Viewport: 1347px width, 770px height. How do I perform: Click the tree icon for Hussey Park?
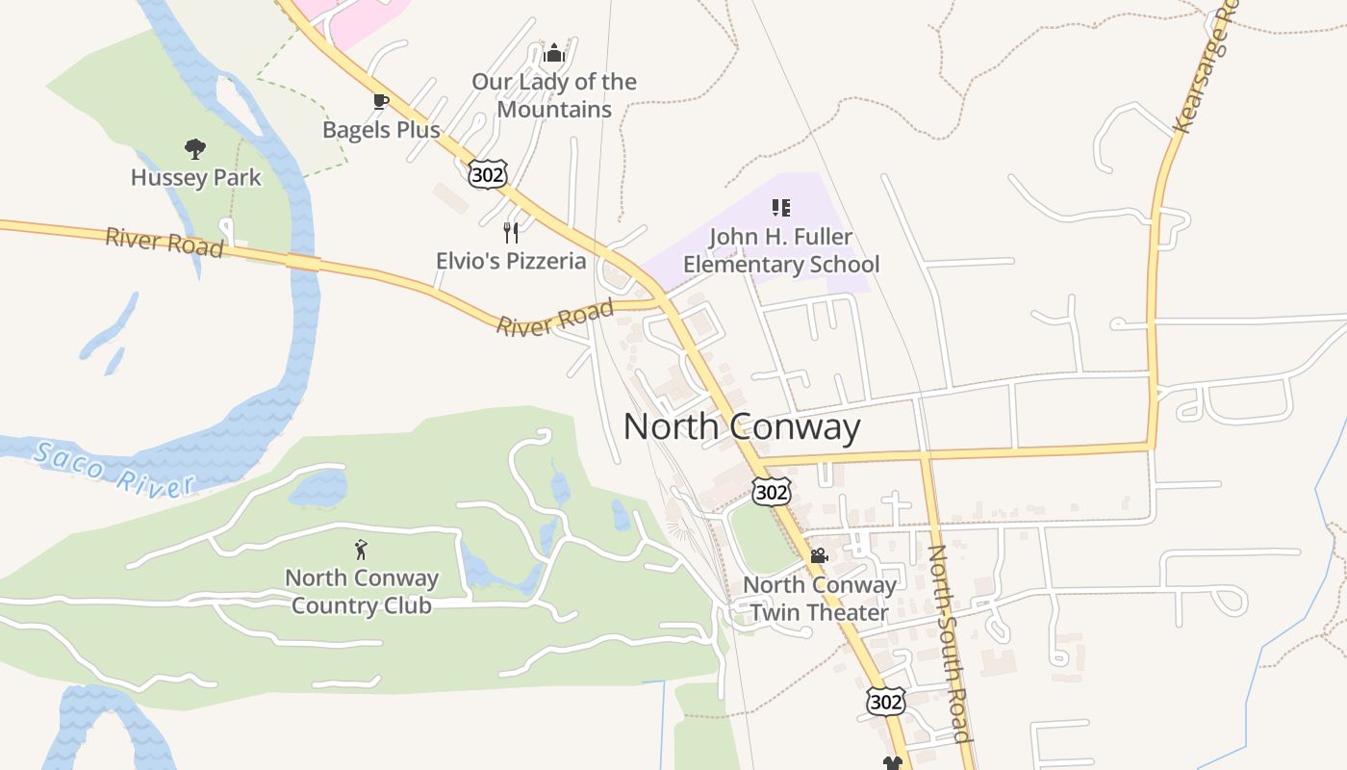pos(195,149)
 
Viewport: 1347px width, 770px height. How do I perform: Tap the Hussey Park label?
pos(195,177)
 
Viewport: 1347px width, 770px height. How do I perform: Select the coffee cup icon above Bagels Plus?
pos(381,101)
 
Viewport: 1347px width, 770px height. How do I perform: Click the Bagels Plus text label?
pos(381,129)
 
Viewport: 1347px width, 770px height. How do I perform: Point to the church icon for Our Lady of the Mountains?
pos(553,53)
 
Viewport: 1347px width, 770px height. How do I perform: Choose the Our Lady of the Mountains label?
pos(554,95)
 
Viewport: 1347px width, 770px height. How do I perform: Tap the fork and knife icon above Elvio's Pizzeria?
pos(511,232)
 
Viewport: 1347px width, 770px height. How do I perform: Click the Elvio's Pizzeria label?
pos(511,260)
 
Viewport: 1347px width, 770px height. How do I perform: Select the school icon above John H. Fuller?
pos(780,208)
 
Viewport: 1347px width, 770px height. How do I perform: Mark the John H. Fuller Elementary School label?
pos(781,250)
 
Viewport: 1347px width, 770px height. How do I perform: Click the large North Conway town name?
pos(742,426)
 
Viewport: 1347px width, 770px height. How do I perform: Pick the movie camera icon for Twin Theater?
pos(819,556)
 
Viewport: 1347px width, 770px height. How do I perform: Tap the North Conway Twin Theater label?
pos(820,598)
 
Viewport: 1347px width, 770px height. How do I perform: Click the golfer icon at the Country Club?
pos(361,550)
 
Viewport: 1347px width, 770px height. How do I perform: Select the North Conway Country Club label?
pos(362,591)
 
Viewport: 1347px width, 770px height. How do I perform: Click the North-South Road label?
pos(948,642)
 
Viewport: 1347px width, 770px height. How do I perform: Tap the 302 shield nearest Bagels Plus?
pos(488,174)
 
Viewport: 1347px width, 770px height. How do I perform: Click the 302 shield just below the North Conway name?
pos(772,493)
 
